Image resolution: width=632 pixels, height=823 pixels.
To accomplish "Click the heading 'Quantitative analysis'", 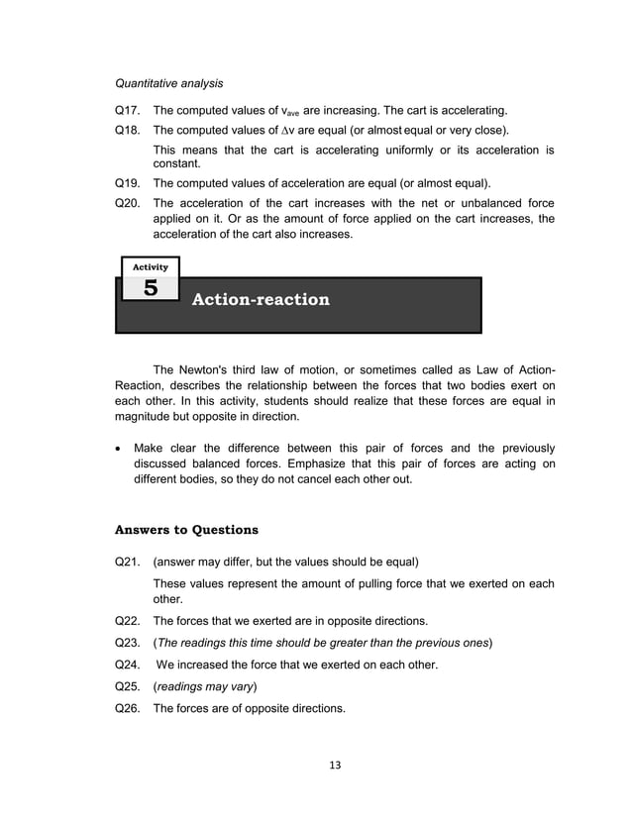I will click(169, 83).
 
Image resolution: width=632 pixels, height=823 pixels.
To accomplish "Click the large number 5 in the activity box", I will click(150, 289).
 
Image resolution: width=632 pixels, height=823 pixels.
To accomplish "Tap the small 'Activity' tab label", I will click(150, 266).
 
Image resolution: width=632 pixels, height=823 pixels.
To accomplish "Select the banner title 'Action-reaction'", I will click(260, 299).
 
